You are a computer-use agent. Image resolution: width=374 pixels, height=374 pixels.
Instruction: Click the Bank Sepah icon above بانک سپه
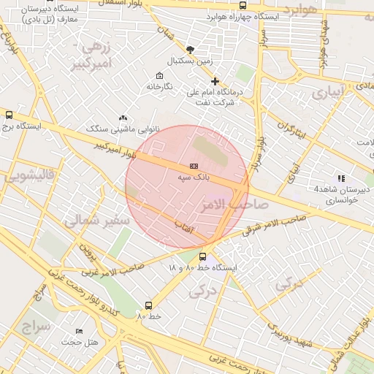[x=193, y=167]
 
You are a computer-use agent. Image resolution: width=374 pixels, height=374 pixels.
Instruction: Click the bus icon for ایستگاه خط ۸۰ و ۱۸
[x=202, y=256]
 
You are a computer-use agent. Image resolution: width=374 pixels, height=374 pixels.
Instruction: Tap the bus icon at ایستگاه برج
[x=9, y=115]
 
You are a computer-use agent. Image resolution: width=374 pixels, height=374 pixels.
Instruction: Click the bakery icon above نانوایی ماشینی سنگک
[x=123, y=118]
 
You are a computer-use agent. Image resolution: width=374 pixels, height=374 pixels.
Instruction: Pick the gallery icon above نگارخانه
[x=159, y=76]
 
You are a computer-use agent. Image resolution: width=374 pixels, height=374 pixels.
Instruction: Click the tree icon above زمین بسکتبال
[x=191, y=50]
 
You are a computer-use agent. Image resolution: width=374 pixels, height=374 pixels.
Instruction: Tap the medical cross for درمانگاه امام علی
[x=215, y=81]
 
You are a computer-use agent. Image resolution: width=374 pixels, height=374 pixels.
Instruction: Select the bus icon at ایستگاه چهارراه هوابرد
[x=243, y=5]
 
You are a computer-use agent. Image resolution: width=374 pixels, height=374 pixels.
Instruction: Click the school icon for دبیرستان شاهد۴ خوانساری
[x=340, y=178]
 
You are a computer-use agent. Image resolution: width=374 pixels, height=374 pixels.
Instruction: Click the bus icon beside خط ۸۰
[x=149, y=306]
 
